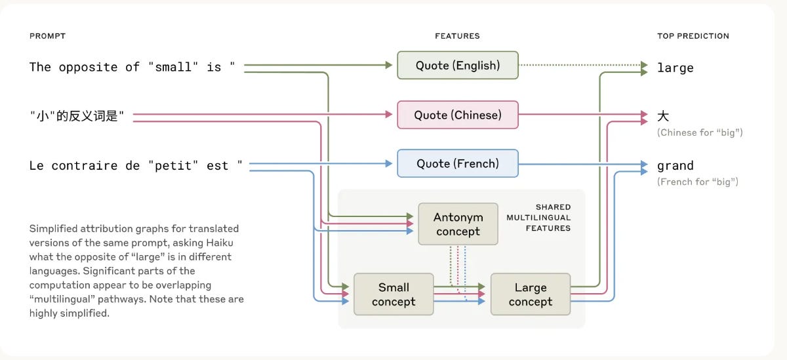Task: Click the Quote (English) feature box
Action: point(457,66)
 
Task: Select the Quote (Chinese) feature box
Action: point(457,115)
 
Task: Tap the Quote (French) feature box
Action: point(457,163)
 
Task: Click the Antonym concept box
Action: point(458,224)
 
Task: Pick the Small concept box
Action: point(393,294)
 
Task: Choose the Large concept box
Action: point(530,294)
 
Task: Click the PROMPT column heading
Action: point(47,36)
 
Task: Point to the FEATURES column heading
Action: point(457,36)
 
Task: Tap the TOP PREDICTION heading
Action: point(693,36)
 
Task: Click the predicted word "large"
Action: point(675,68)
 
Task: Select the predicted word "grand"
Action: point(675,166)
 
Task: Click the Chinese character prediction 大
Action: point(663,116)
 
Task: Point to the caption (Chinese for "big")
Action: point(699,132)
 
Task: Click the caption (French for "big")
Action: point(697,182)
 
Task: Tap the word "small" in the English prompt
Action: point(173,67)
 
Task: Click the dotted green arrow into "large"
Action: point(584,65)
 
